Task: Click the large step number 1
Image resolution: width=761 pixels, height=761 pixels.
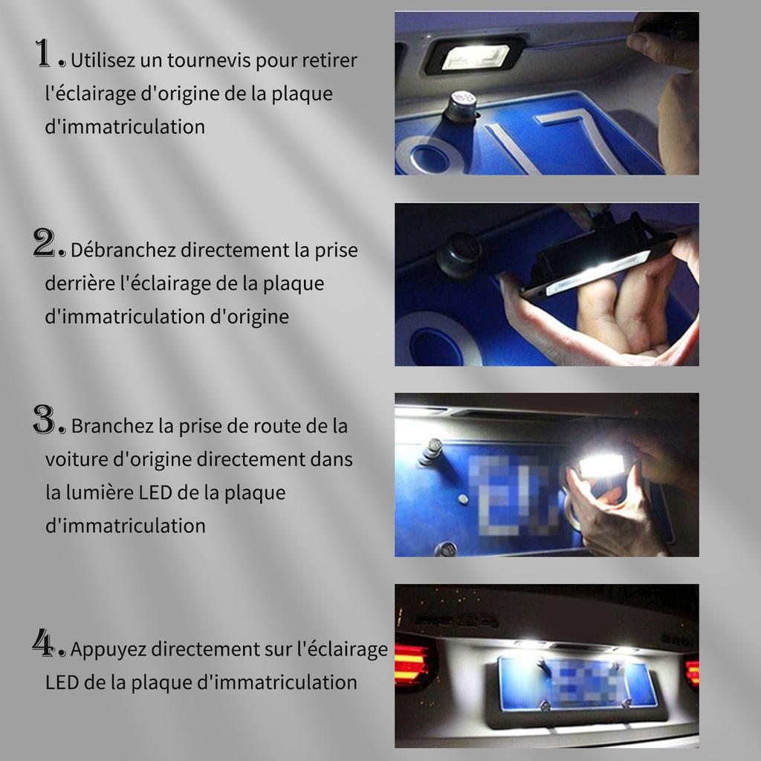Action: pos(44,54)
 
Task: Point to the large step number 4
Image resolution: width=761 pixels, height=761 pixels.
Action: pos(45,643)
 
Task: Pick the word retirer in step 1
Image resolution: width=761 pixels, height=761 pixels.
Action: pos(329,61)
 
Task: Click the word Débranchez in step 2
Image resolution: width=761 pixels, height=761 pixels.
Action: pos(123,250)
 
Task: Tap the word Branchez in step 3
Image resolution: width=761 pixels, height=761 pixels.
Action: pos(112,427)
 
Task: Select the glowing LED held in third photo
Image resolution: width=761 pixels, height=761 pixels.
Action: pos(602,465)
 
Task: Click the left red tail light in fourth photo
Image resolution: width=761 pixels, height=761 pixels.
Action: pos(412,662)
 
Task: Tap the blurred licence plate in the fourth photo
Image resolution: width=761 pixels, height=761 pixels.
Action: pos(579,681)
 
